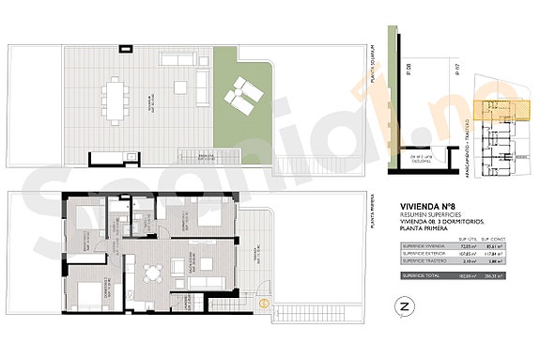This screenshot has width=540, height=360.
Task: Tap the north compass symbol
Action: (x=405, y=307)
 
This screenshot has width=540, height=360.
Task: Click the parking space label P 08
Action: (x=410, y=70)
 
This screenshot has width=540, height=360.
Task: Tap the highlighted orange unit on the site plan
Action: (x=491, y=113)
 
